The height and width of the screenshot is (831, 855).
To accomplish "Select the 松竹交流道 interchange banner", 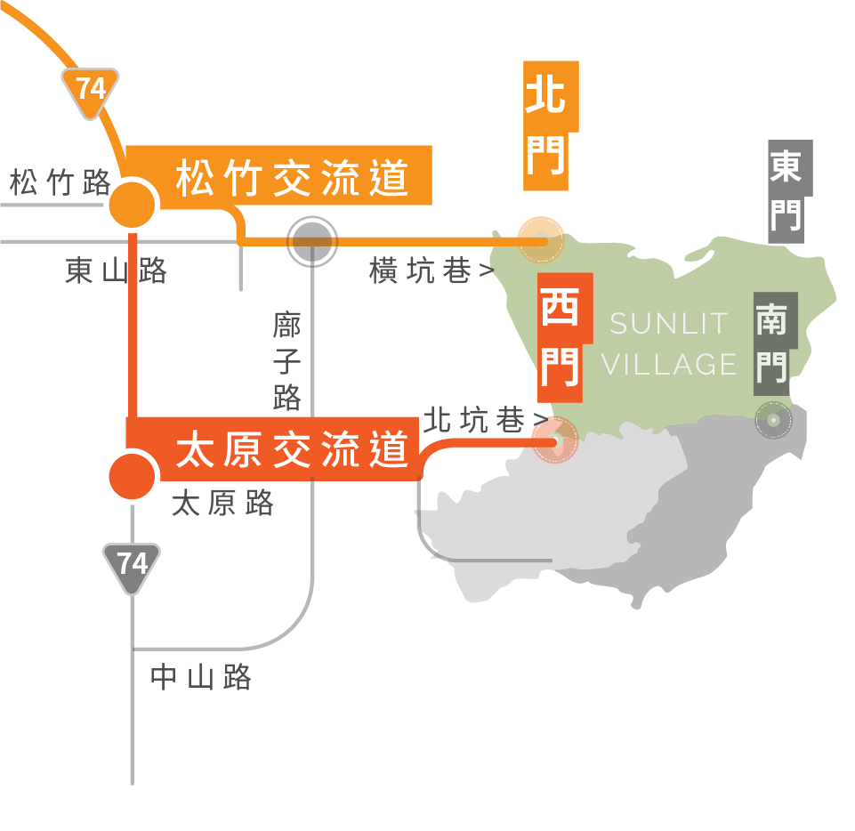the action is [x=279, y=175].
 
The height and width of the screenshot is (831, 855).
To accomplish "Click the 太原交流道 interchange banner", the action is [x=272, y=448].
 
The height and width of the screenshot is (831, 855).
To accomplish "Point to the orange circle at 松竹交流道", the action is [x=132, y=205].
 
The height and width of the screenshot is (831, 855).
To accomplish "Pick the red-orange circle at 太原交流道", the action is [x=132, y=476].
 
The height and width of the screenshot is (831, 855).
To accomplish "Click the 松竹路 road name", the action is [x=60, y=182].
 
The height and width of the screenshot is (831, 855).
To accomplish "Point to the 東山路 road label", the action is [x=116, y=270].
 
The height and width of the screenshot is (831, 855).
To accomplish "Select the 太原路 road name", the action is [x=222, y=502].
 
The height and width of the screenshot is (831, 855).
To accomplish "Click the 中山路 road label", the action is [x=201, y=677].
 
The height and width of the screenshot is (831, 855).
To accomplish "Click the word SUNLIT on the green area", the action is [x=669, y=323].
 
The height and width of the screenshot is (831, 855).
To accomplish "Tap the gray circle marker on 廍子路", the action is [x=312, y=241].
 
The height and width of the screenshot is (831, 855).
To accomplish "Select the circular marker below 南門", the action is [x=773, y=420].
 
